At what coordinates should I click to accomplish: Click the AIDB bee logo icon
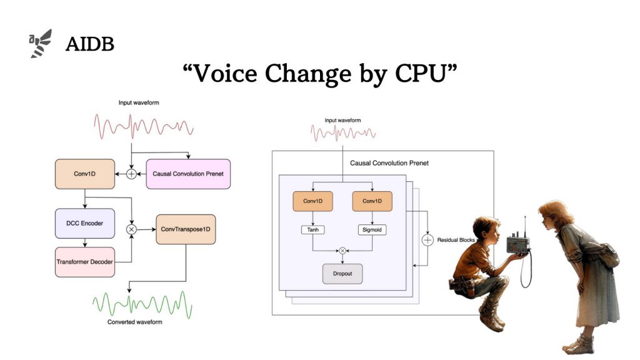tap(41, 44)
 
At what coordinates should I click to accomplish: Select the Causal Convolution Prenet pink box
tap(188, 173)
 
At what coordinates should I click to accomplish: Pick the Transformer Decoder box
tap(85, 261)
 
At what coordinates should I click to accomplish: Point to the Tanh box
tap(312, 230)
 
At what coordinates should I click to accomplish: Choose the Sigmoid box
tap(372, 230)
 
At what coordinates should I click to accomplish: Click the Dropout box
tap(342, 274)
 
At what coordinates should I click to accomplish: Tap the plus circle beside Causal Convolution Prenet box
tap(131, 174)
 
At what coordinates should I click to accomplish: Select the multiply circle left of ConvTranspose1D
tap(131, 229)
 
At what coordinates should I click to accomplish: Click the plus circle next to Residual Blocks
tap(427, 240)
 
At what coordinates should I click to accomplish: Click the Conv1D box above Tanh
tap(312, 201)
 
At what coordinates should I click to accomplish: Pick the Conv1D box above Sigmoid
tap(372, 201)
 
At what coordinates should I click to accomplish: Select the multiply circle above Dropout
tap(342, 251)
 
